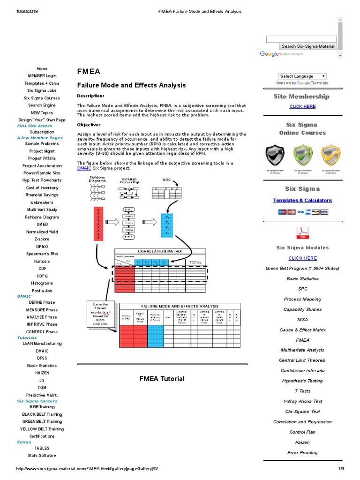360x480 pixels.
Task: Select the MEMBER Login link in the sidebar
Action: click(x=42, y=76)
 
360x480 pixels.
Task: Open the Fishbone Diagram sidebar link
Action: click(x=42, y=217)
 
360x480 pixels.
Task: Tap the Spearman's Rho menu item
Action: click(x=42, y=254)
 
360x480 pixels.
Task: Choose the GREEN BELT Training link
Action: click(x=42, y=421)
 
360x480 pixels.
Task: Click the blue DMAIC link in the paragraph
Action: click(x=85, y=168)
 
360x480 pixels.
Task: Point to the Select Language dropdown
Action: click(x=302, y=76)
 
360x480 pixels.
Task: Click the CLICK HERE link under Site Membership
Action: click(x=302, y=106)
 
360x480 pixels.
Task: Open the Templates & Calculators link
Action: click(x=302, y=201)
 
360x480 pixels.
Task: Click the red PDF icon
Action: click(x=302, y=232)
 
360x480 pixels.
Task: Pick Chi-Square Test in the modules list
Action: click(x=302, y=412)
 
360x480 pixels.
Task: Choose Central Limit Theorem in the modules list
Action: click(x=302, y=360)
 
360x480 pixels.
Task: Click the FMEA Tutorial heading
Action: click(x=162, y=379)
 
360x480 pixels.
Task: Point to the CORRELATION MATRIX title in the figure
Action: click(x=159, y=251)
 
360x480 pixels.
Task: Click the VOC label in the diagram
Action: click(x=167, y=180)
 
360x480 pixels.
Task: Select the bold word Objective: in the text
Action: click(x=89, y=125)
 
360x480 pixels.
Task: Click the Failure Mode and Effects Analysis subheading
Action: click(x=131, y=85)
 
